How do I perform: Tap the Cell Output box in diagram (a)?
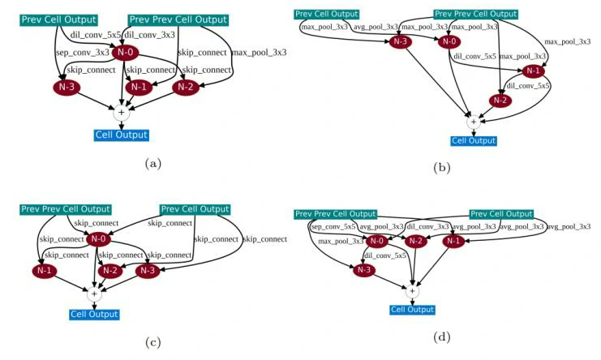[x=122, y=135]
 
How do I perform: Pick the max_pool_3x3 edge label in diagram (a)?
[x=260, y=53]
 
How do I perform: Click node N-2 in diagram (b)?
[x=500, y=101]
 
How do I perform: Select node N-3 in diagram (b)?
[x=399, y=42]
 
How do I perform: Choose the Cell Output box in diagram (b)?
[x=473, y=140]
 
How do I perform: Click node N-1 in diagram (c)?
[x=45, y=270]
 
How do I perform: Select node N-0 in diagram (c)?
[x=99, y=238]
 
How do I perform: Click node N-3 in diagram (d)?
[x=364, y=270]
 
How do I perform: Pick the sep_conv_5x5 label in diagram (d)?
[x=334, y=227]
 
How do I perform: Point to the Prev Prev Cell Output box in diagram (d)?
[x=336, y=213]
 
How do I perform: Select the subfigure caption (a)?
[x=152, y=164]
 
